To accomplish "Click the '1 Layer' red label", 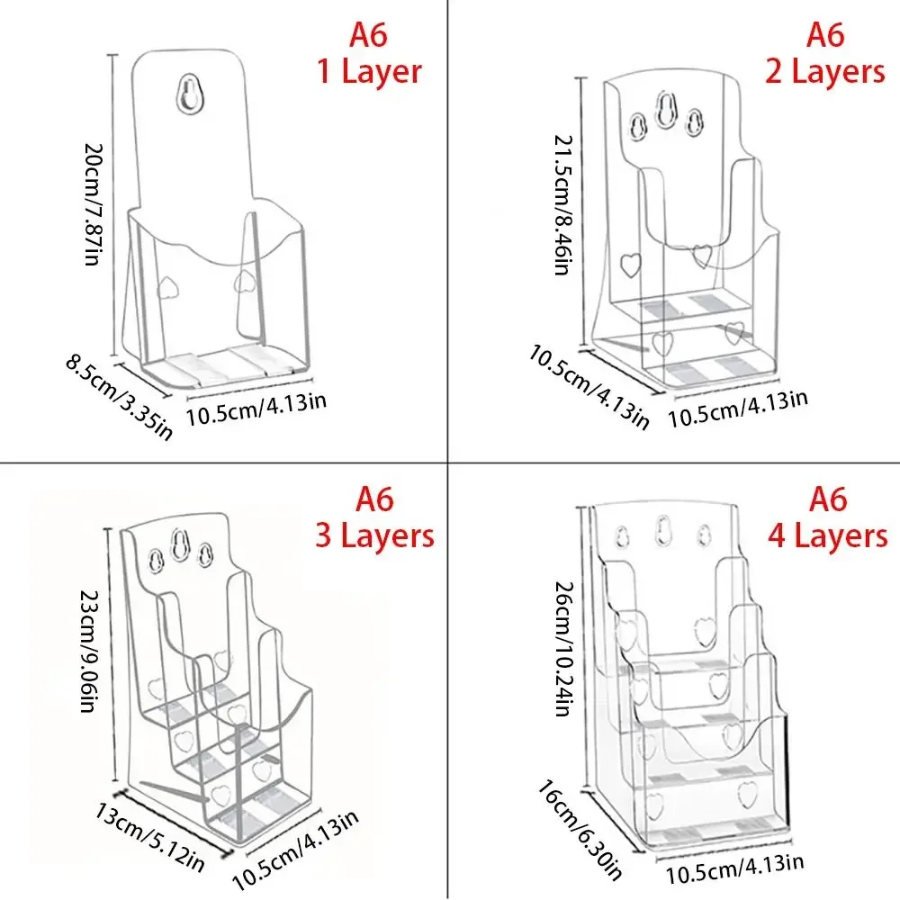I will [x=369, y=71].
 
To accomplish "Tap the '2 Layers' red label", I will [x=825, y=71].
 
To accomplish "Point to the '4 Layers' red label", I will [x=827, y=536].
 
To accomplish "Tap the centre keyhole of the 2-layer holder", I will [x=667, y=112].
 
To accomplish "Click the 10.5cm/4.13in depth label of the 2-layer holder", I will [x=589, y=383].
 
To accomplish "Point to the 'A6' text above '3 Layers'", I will [x=373, y=498].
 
